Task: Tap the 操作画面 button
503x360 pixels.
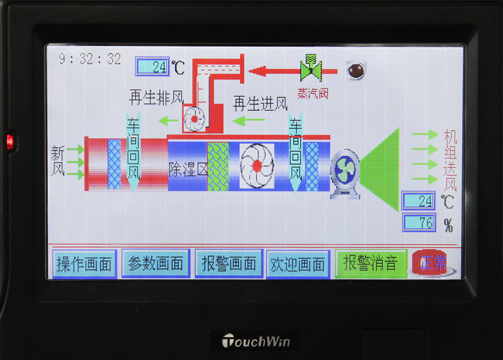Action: (x=85, y=264)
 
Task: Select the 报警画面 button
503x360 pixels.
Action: (x=229, y=263)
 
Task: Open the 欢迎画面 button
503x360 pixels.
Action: (x=298, y=264)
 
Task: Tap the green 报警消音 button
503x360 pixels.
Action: (x=371, y=263)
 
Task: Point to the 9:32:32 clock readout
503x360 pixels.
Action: (x=90, y=59)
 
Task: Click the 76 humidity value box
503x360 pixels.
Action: (x=419, y=222)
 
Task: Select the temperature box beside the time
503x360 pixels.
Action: (x=152, y=66)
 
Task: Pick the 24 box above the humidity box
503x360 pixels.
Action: (x=418, y=201)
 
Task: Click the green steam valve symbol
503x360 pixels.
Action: (x=311, y=67)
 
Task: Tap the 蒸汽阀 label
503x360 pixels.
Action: (x=313, y=94)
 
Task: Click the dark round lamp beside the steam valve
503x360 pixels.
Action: (x=356, y=70)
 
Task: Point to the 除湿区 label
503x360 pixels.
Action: (x=188, y=169)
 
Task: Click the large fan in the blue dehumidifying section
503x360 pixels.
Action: (x=257, y=166)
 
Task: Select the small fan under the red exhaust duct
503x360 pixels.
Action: (x=194, y=119)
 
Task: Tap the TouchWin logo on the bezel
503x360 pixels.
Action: (x=256, y=341)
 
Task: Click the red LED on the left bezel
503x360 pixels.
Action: (x=10, y=141)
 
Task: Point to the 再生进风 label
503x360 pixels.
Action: (x=260, y=104)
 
